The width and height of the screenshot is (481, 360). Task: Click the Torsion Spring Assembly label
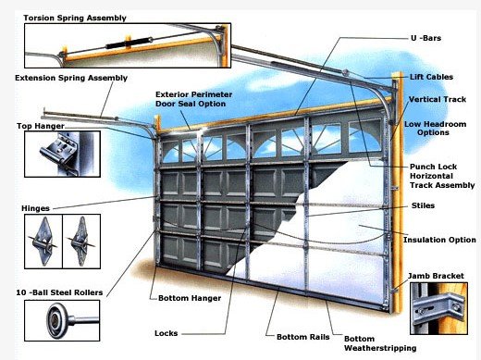tap(75, 18)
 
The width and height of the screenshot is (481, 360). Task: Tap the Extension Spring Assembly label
tap(71, 78)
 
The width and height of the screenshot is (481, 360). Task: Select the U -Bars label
tap(425, 38)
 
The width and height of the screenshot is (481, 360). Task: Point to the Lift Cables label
tap(431, 77)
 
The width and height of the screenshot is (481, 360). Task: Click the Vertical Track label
tap(438, 99)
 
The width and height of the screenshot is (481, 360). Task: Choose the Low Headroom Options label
tap(435, 129)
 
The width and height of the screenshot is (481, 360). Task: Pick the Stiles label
tap(423, 205)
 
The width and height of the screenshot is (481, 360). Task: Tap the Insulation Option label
tap(439, 240)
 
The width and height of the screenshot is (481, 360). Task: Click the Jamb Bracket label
tap(436, 276)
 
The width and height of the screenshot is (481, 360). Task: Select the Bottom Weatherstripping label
tap(380, 343)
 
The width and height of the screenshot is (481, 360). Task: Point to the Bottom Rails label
tap(303, 337)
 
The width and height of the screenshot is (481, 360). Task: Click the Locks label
tap(166, 333)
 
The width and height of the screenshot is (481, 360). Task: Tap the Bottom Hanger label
tap(190, 298)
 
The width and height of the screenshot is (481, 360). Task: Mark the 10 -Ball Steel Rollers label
tap(59, 292)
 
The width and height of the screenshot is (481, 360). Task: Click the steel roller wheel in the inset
tap(57, 321)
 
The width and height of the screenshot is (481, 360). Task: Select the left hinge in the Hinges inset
tap(43, 242)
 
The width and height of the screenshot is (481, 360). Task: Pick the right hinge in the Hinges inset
tap(81, 242)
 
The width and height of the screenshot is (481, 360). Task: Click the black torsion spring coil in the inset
tap(129, 43)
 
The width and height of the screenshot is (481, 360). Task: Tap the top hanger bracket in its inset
tap(59, 153)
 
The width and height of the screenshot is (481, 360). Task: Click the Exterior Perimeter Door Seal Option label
tap(193, 99)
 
